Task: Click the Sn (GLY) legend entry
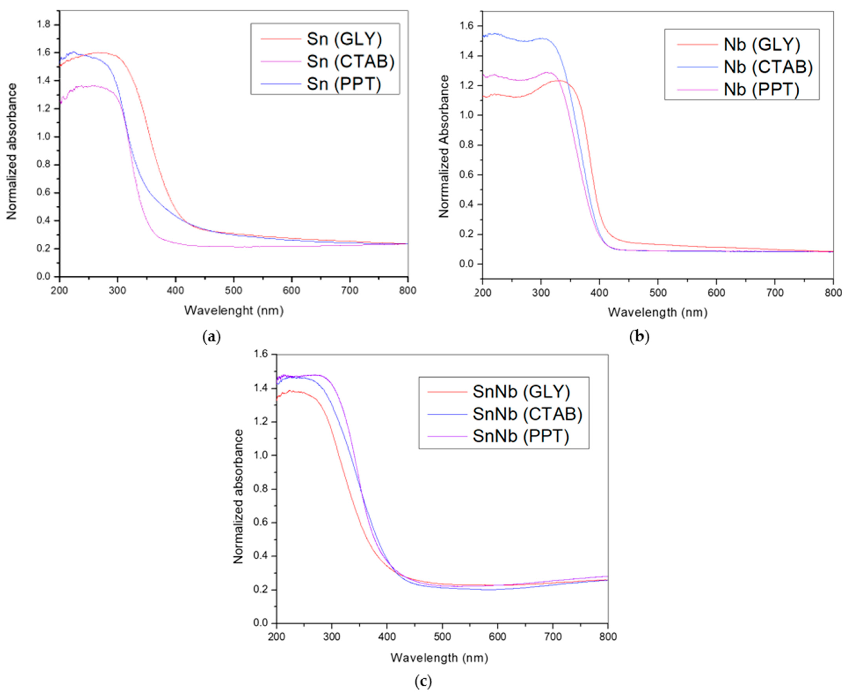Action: click(x=344, y=39)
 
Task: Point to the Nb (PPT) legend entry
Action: click(x=761, y=89)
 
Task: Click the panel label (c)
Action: click(x=423, y=682)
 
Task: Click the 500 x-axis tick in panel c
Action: click(x=442, y=637)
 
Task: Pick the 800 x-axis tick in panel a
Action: click(x=407, y=290)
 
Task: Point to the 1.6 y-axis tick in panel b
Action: click(x=467, y=26)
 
